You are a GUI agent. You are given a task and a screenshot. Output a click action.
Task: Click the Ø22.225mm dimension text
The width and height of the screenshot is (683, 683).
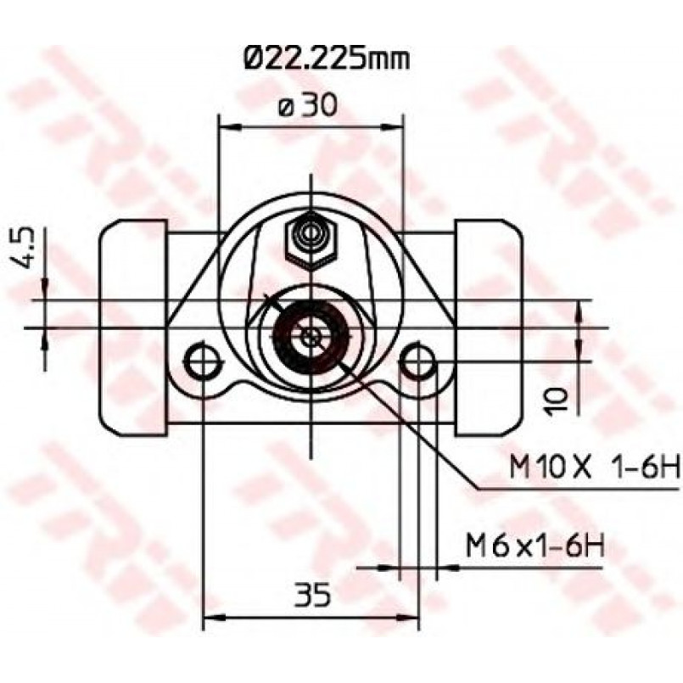click(x=327, y=59)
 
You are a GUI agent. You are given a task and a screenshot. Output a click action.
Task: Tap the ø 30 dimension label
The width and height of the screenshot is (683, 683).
click(x=308, y=105)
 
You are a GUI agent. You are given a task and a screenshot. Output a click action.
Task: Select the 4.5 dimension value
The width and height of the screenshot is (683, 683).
click(x=27, y=251)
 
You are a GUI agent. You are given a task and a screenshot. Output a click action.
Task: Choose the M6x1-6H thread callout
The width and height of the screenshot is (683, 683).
click(x=535, y=546)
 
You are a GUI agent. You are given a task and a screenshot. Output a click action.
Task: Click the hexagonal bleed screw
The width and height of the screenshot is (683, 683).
click(x=311, y=240)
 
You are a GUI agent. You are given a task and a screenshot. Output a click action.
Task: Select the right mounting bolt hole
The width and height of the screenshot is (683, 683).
click(x=417, y=360)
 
